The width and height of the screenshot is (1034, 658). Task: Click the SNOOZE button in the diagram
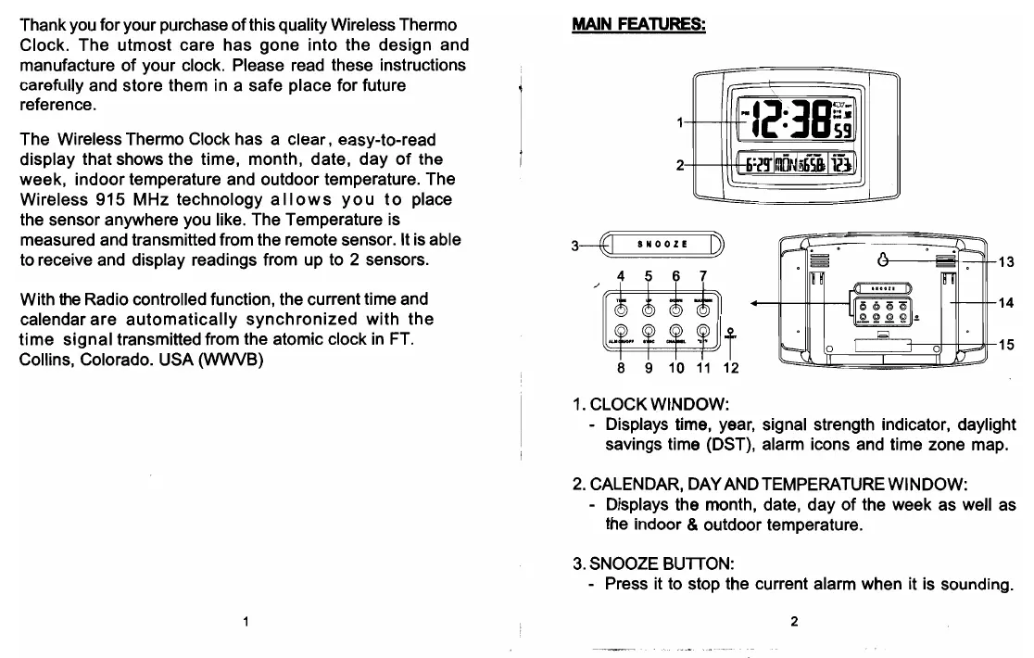pos(662,245)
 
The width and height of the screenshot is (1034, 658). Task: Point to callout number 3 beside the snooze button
pos(575,246)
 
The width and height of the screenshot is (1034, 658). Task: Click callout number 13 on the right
pos(1006,262)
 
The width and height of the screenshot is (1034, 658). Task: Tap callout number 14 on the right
pos(1006,303)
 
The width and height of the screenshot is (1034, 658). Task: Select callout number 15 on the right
pos(1006,344)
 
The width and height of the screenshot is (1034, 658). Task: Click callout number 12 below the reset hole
pos(731,368)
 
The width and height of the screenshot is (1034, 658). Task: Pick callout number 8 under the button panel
pos(622,368)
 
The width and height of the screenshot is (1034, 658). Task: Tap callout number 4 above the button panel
pos(621,275)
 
